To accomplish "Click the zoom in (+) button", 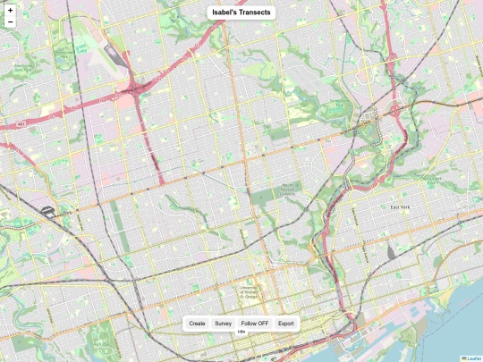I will [10, 9].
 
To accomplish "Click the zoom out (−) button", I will [10, 21].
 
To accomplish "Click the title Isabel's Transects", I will [241, 12].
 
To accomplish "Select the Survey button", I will [224, 324].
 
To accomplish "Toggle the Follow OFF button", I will [255, 324].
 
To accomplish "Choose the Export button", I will [285, 324].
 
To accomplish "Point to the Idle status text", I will [241, 333].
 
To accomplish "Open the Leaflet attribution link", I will [474, 358].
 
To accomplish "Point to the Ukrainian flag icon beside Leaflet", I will [463, 358].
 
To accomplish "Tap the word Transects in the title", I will [256, 12].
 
